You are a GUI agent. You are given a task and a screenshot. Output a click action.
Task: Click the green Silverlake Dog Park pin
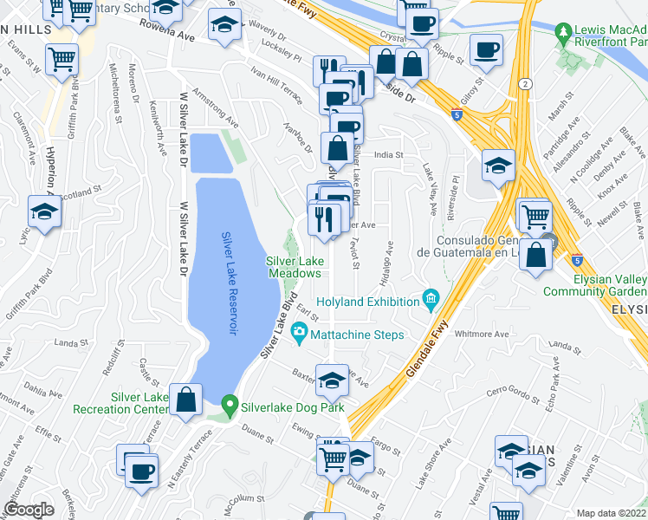[230, 404]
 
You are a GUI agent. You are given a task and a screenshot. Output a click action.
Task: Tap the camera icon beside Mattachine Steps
[299, 331]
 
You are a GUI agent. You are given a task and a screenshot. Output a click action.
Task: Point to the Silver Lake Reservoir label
[230, 283]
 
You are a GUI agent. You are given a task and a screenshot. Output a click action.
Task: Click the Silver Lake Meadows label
[294, 266]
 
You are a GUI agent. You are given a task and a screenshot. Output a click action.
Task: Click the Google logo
[29, 510]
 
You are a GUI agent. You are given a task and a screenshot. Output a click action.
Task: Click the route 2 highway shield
[525, 83]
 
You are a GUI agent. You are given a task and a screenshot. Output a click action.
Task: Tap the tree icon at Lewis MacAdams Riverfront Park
[564, 31]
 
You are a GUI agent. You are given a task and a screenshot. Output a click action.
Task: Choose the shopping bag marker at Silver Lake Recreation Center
[186, 400]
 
